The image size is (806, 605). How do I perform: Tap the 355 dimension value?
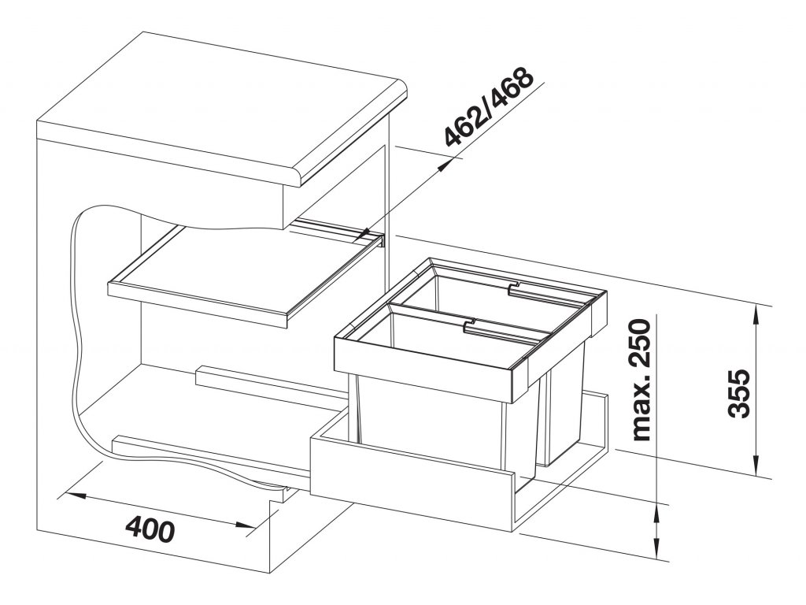pos(743,394)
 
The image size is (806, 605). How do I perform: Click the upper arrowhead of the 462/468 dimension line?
pos(445,166)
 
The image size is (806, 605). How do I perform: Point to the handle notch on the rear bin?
pos(514,284)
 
